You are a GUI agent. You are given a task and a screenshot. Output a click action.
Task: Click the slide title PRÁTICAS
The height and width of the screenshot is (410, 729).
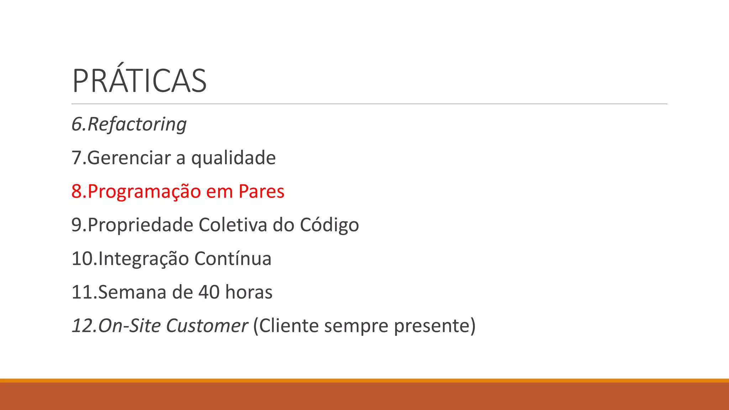click(139, 81)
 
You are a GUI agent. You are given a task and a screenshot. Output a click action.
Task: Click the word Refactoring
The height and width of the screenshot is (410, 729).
click(137, 124)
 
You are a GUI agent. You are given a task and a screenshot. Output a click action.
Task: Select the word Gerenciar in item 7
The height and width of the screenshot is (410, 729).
click(129, 158)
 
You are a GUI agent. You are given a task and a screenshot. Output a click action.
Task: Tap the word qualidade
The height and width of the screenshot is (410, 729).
click(234, 158)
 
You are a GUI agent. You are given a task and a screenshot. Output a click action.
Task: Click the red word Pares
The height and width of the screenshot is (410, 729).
click(261, 191)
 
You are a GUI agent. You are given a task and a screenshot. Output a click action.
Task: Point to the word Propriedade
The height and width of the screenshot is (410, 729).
click(140, 225)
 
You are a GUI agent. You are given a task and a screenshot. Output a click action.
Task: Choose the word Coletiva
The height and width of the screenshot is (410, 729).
click(233, 225)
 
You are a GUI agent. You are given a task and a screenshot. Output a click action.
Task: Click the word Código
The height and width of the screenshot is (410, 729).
click(329, 225)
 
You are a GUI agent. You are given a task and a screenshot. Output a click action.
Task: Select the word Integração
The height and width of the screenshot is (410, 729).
click(143, 259)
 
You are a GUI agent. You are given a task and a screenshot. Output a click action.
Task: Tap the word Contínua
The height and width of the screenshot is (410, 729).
click(233, 259)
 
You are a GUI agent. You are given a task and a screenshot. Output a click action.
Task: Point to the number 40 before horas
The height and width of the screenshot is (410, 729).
click(209, 292)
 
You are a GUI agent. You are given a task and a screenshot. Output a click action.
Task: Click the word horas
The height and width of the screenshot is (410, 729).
click(249, 292)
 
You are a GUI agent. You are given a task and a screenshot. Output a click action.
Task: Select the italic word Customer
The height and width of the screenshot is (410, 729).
click(207, 326)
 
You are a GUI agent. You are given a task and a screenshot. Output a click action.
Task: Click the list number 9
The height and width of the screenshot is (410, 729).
click(77, 225)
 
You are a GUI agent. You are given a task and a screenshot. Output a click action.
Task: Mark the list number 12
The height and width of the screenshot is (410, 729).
click(82, 326)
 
